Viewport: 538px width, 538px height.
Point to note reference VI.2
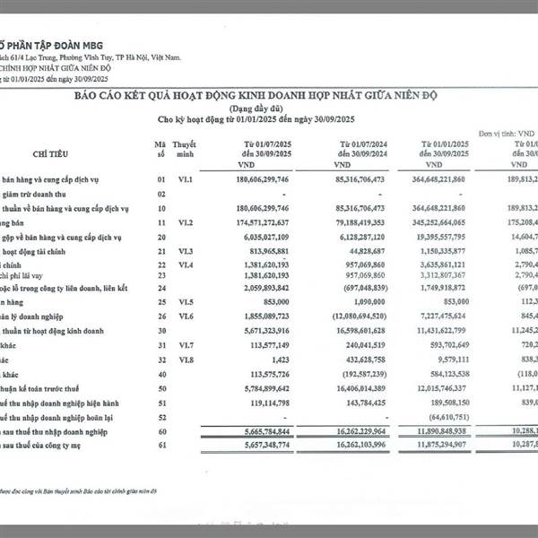184,221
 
